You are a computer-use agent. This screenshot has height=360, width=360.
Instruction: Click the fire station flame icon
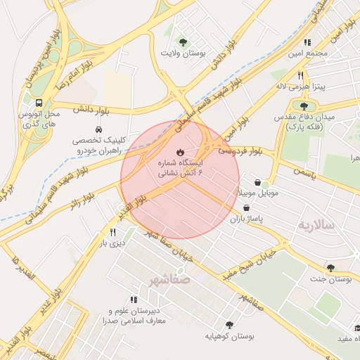[180, 152]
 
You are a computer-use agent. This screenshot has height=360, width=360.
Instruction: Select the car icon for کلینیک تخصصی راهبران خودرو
[98, 130]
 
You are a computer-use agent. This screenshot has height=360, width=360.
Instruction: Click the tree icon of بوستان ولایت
[184, 41]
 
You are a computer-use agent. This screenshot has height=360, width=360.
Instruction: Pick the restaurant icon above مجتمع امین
[307, 43]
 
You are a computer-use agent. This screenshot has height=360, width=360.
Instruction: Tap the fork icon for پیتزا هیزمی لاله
[300, 75]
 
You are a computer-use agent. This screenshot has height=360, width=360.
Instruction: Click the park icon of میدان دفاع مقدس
[304, 105]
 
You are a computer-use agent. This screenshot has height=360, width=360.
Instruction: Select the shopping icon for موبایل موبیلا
[257, 182]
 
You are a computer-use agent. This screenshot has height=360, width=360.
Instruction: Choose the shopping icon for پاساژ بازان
[247, 208]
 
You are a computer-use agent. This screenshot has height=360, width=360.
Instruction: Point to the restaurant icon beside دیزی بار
[112, 233]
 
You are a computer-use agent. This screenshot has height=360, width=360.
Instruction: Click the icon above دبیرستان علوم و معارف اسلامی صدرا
[134, 300]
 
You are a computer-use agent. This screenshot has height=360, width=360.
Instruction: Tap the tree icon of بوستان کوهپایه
[229, 324]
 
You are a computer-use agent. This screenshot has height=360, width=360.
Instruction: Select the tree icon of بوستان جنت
[330, 267]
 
